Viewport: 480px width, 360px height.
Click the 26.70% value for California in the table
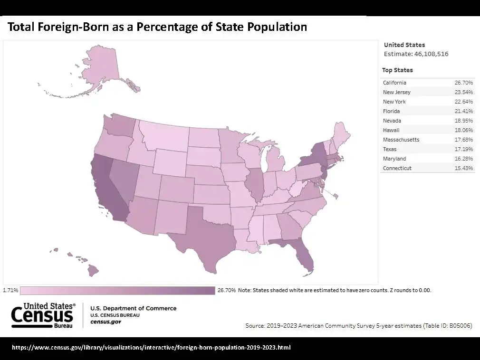[463, 83]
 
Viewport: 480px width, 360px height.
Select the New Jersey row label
[396, 92]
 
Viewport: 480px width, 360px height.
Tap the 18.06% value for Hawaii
[463, 130]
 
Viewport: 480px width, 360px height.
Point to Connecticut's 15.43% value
[463, 168]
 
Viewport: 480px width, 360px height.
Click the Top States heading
[397, 70]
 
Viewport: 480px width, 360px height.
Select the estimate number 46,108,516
[431, 54]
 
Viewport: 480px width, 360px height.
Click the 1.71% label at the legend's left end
[10, 290]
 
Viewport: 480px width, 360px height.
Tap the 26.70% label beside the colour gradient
[226, 290]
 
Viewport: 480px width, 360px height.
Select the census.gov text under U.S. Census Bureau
[105, 322]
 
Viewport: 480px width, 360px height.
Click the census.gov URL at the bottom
[151, 347]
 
